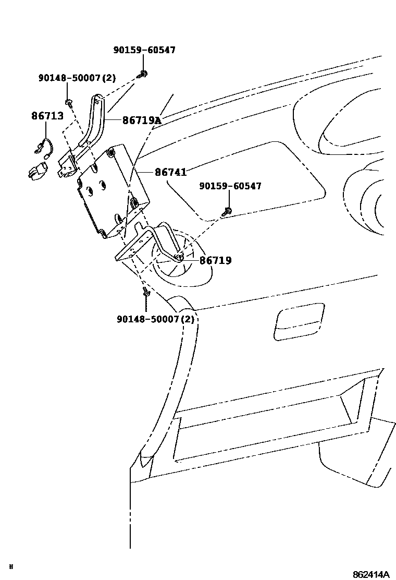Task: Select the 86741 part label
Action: [170, 172]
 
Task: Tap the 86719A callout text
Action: [142, 120]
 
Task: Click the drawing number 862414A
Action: [370, 574]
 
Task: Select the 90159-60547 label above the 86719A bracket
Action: [144, 50]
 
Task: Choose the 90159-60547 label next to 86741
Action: [230, 186]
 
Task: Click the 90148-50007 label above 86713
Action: [69, 78]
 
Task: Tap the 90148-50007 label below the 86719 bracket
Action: [148, 318]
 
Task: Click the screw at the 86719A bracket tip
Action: [142, 74]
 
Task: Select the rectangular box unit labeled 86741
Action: [112, 190]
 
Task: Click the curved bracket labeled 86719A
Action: [96, 123]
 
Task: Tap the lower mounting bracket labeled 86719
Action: [141, 245]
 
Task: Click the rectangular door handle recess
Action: [297, 321]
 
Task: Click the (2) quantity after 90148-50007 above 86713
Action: [108, 78]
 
